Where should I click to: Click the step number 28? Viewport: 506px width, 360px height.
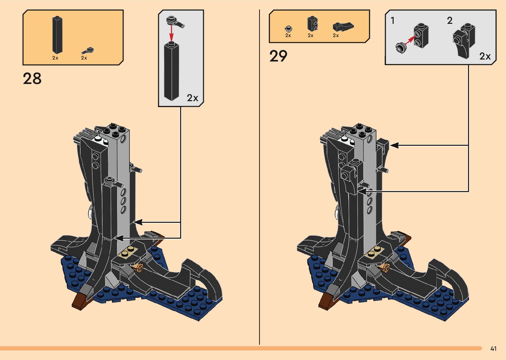click(32, 79)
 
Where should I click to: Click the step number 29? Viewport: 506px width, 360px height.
click(278, 56)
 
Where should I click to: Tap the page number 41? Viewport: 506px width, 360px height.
click(493, 348)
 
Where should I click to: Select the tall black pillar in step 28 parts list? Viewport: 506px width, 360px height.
click(57, 35)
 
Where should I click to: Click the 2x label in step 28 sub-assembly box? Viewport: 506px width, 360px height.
click(192, 98)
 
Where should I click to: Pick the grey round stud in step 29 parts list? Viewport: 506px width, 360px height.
click(288, 28)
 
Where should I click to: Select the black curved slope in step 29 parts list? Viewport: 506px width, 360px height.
click(343, 26)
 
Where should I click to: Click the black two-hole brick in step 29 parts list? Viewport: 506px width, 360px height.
click(312, 23)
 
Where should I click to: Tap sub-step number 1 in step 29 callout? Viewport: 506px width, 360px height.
click(393, 21)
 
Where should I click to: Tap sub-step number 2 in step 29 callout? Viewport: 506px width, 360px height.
click(449, 21)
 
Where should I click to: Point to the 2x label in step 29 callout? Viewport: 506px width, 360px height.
click(485, 56)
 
